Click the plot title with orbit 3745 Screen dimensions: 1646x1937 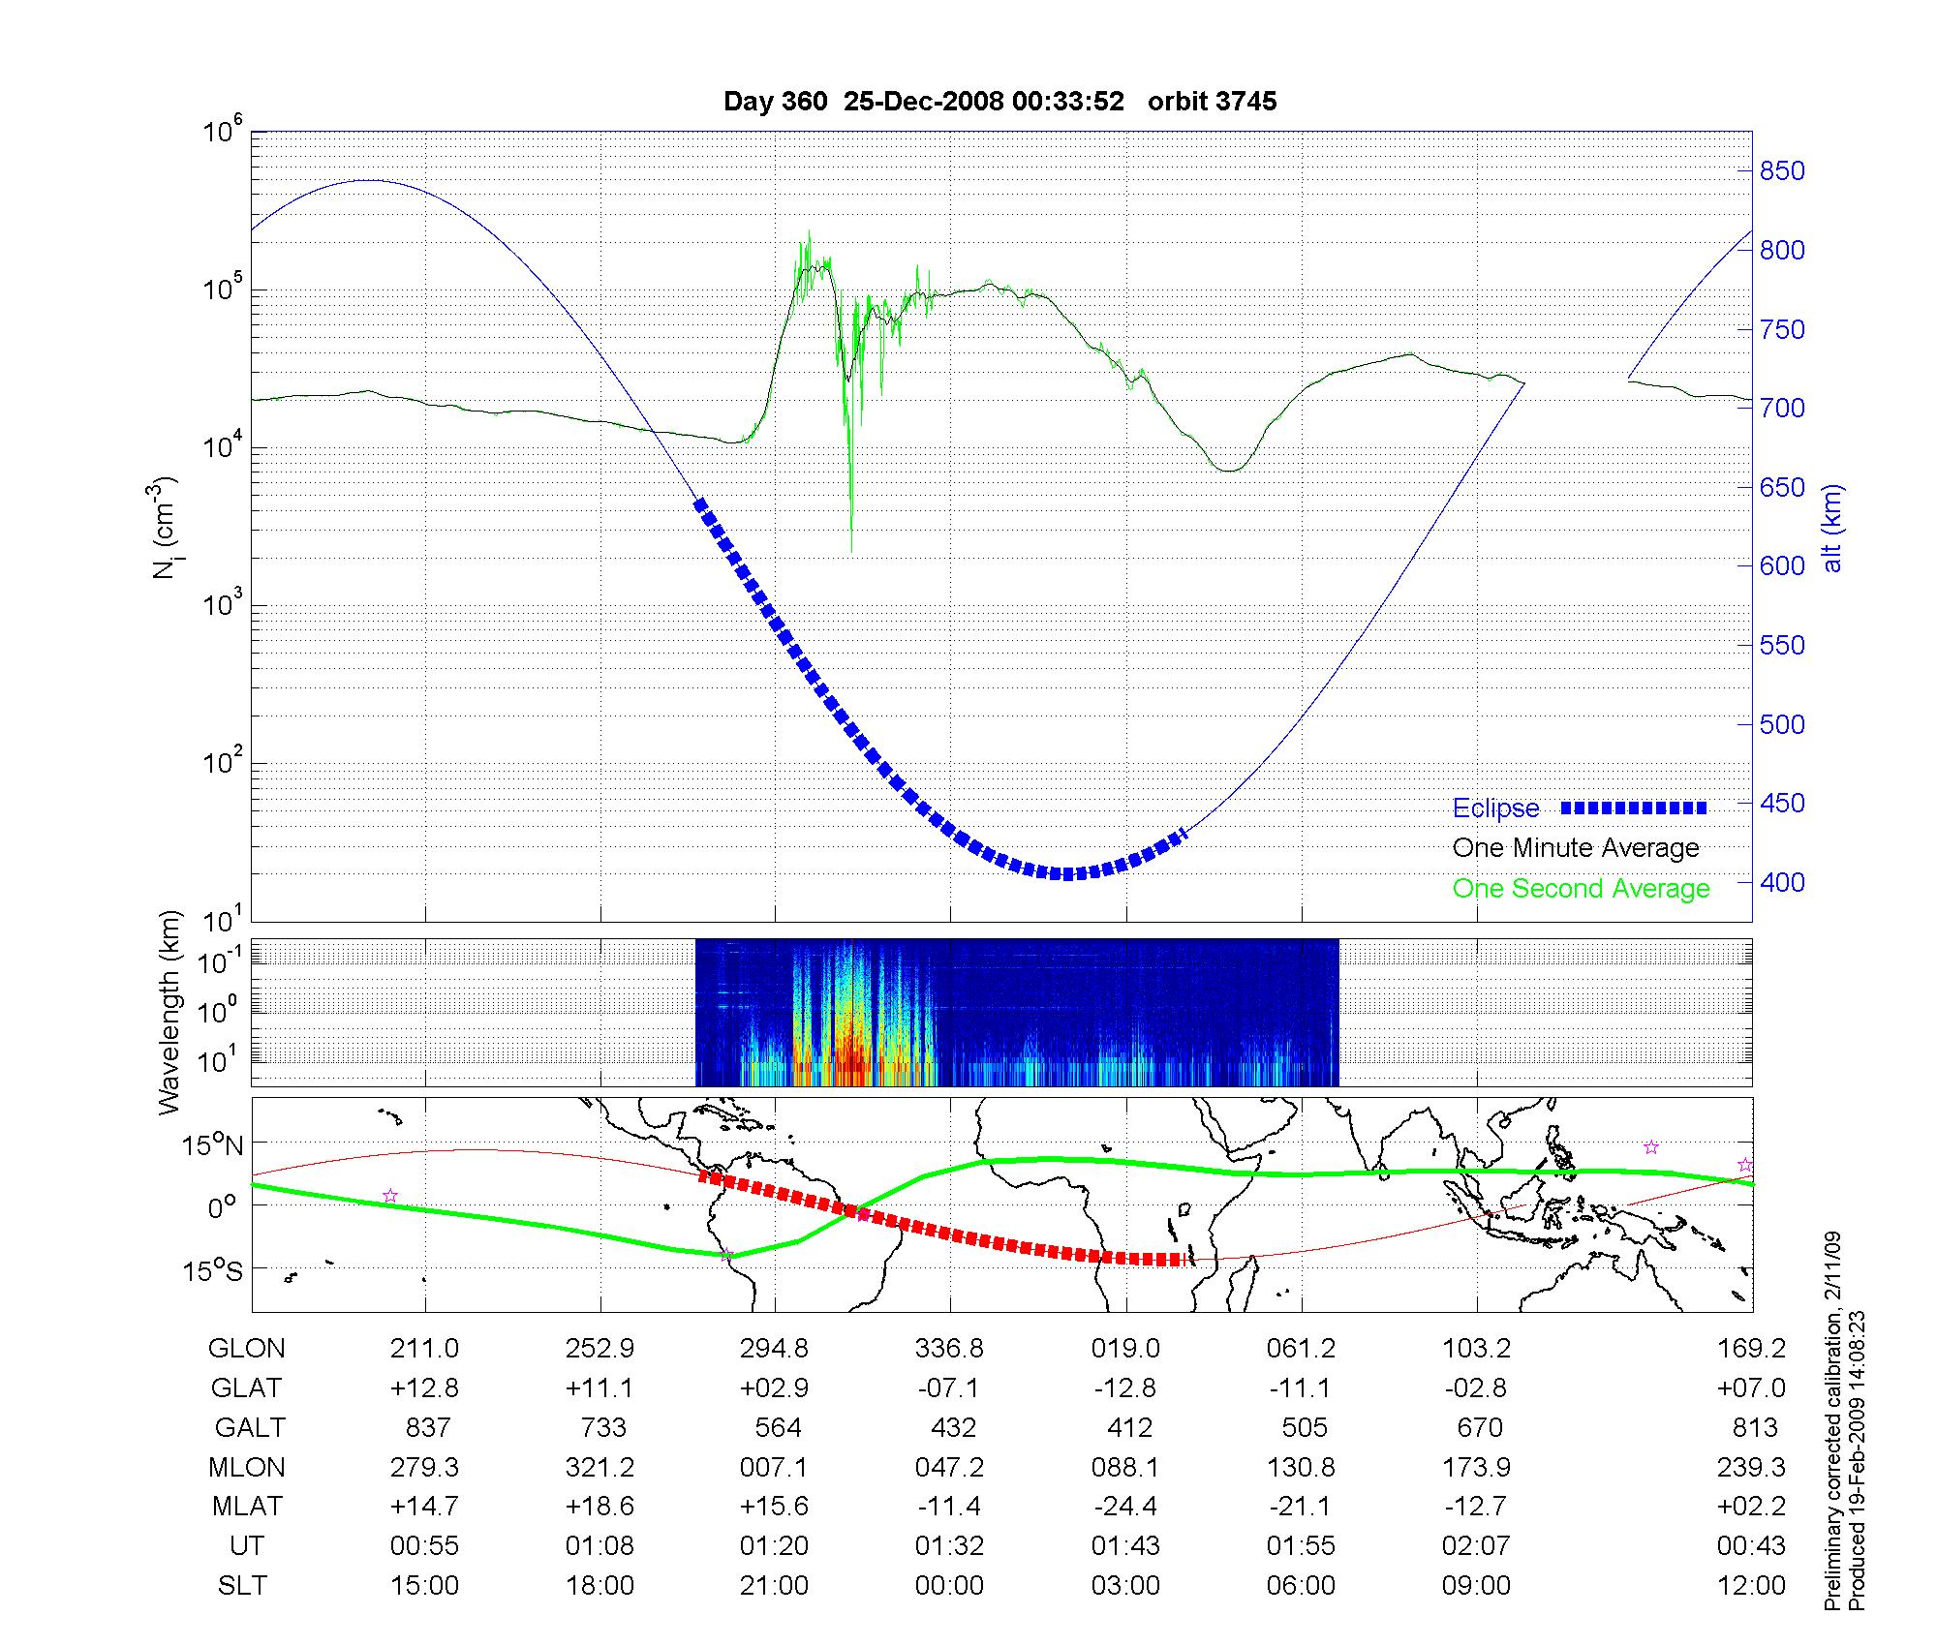click(999, 102)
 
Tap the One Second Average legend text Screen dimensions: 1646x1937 click(1581, 889)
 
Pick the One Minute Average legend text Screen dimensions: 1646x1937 click(1576, 848)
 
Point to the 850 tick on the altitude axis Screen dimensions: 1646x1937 click(1782, 171)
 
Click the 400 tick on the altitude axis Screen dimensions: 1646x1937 click(1782, 882)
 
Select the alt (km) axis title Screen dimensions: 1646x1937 click(1832, 529)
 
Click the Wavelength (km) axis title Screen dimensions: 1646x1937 click(170, 1012)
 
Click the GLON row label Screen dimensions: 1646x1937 click(247, 1349)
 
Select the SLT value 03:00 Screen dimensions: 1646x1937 click(1125, 1585)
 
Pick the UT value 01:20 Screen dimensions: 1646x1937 click(774, 1545)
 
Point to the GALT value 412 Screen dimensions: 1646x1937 click(1129, 1427)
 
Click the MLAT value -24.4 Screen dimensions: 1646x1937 click(1125, 1507)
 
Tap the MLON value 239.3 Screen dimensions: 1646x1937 click(1751, 1467)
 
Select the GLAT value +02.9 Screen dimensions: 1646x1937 click(774, 1387)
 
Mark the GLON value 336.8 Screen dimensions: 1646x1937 click(950, 1349)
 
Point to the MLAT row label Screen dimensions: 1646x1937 click(247, 1507)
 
